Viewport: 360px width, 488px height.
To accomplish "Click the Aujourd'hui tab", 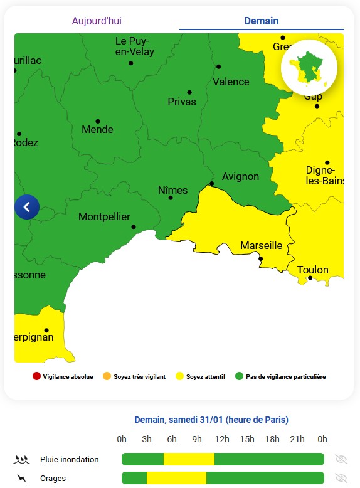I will coord(97,21).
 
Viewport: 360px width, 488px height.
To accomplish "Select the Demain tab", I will coord(261,21).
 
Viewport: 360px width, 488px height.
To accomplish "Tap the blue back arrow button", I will coord(27,207).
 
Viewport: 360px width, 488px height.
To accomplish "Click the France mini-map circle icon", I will coord(309,67).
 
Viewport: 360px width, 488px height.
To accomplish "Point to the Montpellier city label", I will coord(104,217).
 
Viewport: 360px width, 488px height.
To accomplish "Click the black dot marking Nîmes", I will coord(171,198).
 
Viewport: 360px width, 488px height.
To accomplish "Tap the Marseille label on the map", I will coord(262,245).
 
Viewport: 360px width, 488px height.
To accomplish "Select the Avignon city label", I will coord(240,176).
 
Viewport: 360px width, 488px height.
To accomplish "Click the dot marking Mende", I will coord(98,121).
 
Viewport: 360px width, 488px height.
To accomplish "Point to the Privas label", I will coord(182,102).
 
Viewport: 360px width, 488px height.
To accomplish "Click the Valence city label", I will coord(231,82).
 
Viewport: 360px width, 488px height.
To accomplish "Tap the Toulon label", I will coord(313,270).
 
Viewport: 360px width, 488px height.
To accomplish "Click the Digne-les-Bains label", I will coord(320,176).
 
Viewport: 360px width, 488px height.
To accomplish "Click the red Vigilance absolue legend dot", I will coord(36,377).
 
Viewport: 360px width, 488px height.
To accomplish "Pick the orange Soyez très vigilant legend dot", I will coord(107,377).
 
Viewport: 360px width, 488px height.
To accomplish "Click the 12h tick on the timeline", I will coord(222,439).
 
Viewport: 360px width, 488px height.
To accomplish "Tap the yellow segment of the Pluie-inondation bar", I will coord(189,459).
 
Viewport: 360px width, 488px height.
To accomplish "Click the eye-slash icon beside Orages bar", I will coord(341,479).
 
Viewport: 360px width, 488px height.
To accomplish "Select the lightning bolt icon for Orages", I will coord(22,479).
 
